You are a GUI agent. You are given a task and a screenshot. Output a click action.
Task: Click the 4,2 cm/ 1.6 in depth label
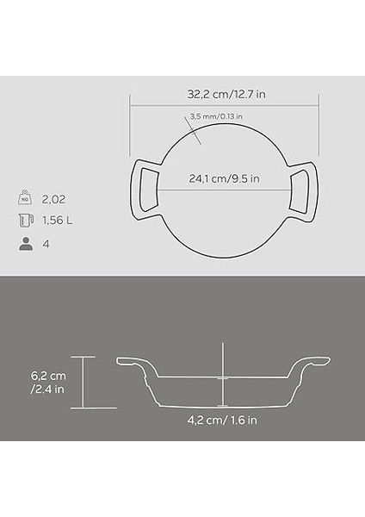tap(222, 420)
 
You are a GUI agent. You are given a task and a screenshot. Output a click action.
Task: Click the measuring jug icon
tap(25, 220)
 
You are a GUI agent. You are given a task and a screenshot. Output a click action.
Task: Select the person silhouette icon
tap(25, 244)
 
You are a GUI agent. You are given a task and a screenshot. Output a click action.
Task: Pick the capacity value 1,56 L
tap(59, 220)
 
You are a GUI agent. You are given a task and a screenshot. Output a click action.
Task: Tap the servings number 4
tap(46, 244)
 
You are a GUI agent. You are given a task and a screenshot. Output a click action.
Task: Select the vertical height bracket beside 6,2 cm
tap(84, 382)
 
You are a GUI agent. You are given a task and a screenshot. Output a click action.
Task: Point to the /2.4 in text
tap(47, 389)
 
